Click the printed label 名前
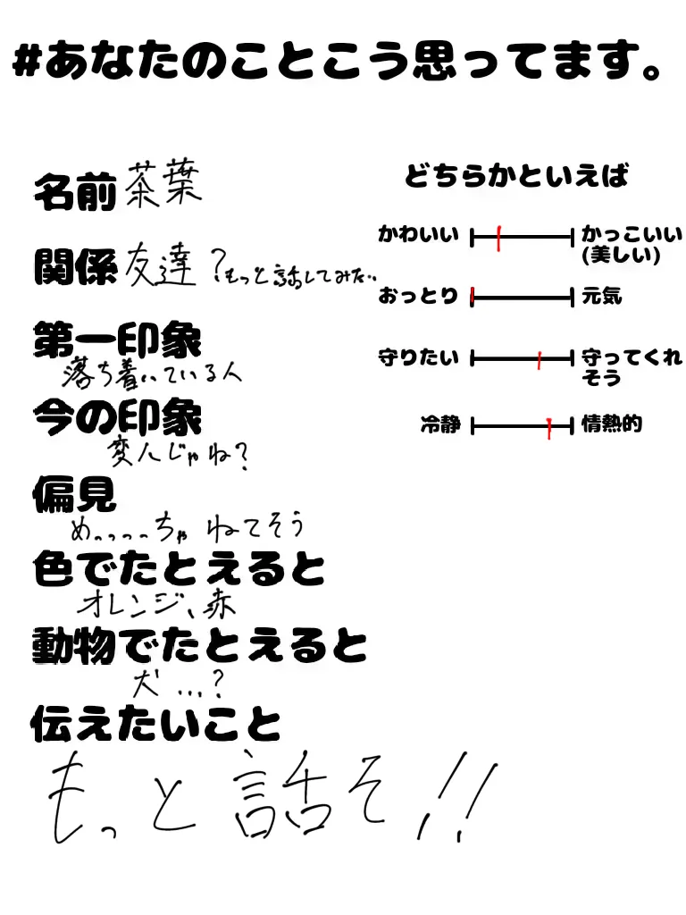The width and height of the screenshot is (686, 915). [75, 191]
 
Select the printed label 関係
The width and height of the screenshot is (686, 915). [75, 265]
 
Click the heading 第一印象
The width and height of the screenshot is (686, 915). [117, 340]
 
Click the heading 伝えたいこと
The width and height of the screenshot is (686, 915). [155, 723]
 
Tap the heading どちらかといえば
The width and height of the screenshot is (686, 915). [516, 176]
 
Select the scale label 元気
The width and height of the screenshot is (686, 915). [601, 296]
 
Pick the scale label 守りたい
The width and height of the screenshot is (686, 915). [418, 358]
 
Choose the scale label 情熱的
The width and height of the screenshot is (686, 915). [612, 424]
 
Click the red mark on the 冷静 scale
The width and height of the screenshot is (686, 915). [550, 427]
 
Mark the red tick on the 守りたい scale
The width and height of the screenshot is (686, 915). [540, 359]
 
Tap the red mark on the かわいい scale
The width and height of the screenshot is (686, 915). [498, 238]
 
